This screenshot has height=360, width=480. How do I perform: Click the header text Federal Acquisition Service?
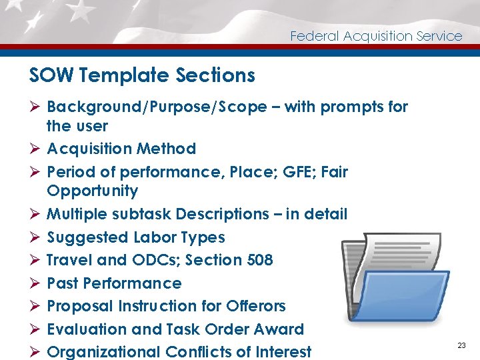click(x=376, y=36)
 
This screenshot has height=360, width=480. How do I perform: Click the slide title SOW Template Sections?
click(x=142, y=75)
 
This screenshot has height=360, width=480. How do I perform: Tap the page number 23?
click(x=461, y=345)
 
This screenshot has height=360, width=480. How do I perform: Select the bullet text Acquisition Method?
click(x=121, y=149)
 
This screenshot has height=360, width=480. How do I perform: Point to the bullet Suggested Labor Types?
click(x=136, y=237)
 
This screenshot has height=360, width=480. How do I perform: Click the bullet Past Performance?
click(x=114, y=283)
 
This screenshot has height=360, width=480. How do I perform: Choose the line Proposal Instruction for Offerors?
click(x=166, y=306)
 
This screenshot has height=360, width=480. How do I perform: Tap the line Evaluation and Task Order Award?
click(x=175, y=329)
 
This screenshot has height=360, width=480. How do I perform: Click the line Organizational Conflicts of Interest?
click(x=179, y=352)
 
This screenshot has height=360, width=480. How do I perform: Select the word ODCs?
click(x=153, y=260)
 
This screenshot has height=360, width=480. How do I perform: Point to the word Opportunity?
click(x=92, y=191)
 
